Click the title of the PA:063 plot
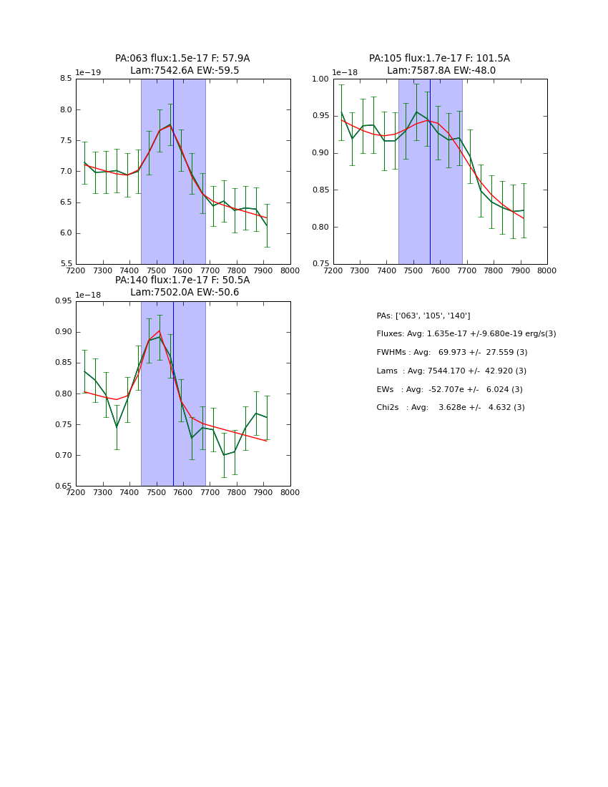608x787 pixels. pyautogui.click(x=182, y=64)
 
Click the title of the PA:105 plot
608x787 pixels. pyautogui.click(x=439, y=64)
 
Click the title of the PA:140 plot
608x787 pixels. pyautogui.click(x=182, y=286)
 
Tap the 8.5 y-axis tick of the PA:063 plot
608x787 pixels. pyautogui.click(x=65, y=79)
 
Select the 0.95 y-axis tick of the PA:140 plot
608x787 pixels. pyautogui.click(x=63, y=300)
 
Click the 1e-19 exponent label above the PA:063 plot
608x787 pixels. pyautogui.click(x=88, y=72)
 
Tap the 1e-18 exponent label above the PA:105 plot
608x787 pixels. pyautogui.click(x=345, y=72)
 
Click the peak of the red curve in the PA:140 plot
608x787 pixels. pyautogui.click(x=160, y=331)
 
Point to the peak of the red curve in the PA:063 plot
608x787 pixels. pyautogui.click(x=170, y=126)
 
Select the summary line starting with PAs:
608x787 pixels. pyautogui.click(x=423, y=316)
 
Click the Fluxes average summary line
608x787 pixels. pyautogui.click(x=466, y=334)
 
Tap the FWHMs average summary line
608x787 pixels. pyautogui.click(x=451, y=353)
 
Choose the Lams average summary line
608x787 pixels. pyautogui.click(x=451, y=371)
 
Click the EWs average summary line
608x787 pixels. pyautogui.click(x=449, y=389)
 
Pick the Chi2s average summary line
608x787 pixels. pyautogui.click(x=450, y=407)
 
